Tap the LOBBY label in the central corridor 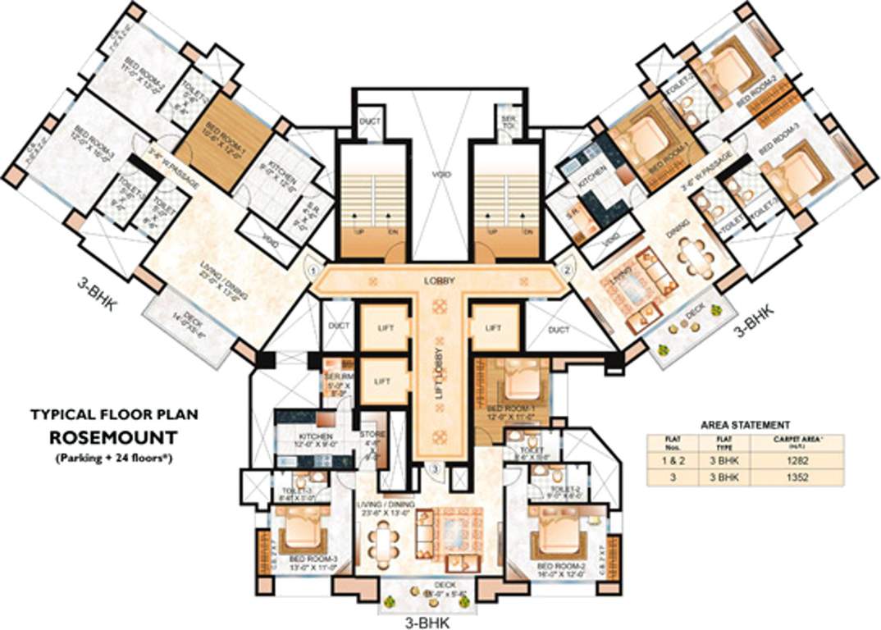(x=439, y=281)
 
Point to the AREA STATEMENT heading (x=745, y=425)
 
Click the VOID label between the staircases (x=441, y=174)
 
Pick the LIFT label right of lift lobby (x=493, y=327)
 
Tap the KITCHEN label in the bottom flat (x=316, y=436)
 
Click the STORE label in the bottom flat (x=372, y=436)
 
